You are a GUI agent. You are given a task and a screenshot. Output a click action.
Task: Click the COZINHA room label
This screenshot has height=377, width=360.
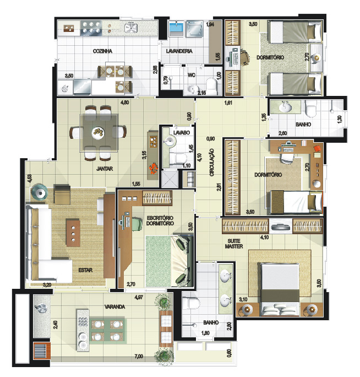102,51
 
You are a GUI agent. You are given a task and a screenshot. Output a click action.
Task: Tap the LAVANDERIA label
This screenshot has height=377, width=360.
179,51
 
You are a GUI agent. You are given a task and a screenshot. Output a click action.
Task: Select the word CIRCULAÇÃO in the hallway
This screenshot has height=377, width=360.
211,163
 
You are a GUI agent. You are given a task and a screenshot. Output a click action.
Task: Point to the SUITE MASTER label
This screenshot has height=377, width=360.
234,244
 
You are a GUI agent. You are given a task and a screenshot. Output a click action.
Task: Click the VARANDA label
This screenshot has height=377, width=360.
114,307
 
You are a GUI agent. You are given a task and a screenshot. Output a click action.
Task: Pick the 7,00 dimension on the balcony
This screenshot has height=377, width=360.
139,356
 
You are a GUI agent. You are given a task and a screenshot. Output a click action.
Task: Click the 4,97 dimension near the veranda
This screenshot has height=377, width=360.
139,297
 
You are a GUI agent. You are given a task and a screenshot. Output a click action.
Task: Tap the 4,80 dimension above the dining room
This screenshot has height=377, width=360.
124,103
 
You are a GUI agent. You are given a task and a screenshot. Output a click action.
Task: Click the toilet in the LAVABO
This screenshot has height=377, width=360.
178,159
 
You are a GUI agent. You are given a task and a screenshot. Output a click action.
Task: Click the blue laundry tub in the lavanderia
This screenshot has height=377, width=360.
177,28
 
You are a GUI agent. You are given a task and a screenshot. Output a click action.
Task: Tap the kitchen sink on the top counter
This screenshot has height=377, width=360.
131,28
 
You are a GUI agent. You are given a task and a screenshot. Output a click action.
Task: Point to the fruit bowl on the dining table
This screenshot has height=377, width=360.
98,132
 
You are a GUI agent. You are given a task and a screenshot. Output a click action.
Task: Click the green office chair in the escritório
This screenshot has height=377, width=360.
136,224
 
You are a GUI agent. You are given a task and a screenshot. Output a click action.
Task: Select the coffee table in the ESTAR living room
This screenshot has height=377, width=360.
73,233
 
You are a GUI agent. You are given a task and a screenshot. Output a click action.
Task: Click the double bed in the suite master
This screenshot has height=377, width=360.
280,289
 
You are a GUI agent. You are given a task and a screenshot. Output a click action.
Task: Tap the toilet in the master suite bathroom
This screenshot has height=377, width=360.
191,303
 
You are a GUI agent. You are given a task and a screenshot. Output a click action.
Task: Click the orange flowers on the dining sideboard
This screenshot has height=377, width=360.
152,168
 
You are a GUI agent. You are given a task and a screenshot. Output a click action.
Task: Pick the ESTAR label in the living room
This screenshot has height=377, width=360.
85,270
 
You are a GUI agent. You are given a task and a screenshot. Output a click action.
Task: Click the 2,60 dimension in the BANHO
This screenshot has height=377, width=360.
283,133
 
